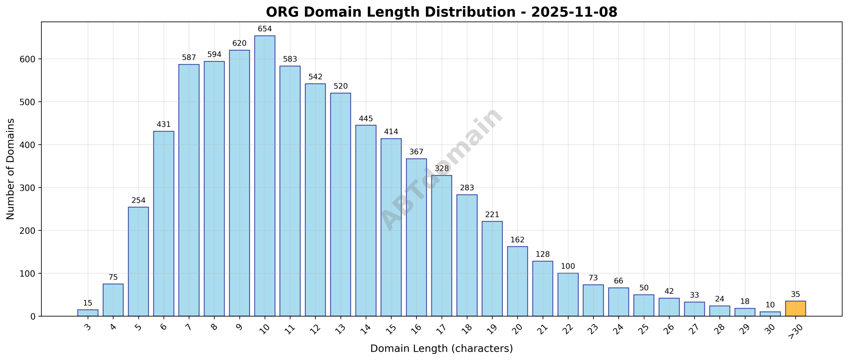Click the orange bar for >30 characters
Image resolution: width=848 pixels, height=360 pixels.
point(795,308)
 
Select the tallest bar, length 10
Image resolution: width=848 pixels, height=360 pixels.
point(265,176)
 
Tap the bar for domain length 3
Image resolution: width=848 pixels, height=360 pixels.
point(88,313)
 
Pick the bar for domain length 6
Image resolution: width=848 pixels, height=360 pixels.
point(164,224)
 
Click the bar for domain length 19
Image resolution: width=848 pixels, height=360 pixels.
point(492,269)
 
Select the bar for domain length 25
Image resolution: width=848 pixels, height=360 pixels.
point(644,305)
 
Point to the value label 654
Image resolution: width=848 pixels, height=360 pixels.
point(265,29)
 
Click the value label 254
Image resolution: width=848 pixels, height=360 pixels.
point(138,200)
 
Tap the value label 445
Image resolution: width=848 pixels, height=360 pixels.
point(366,119)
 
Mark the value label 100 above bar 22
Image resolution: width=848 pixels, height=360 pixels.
point(568,266)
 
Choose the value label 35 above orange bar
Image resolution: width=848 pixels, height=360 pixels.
point(795,294)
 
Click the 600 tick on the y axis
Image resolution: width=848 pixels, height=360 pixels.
point(28,59)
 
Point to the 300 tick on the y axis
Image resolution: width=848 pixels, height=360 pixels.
point(28,188)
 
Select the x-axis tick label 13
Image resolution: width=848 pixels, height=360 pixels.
point(340,329)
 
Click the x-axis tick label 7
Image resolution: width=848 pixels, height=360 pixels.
point(188,327)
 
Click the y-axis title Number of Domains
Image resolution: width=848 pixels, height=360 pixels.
point(10,169)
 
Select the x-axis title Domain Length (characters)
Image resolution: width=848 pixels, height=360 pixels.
point(441,348)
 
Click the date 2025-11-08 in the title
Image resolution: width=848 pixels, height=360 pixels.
point(574,12)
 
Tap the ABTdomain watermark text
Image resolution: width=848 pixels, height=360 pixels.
point(441,169)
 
